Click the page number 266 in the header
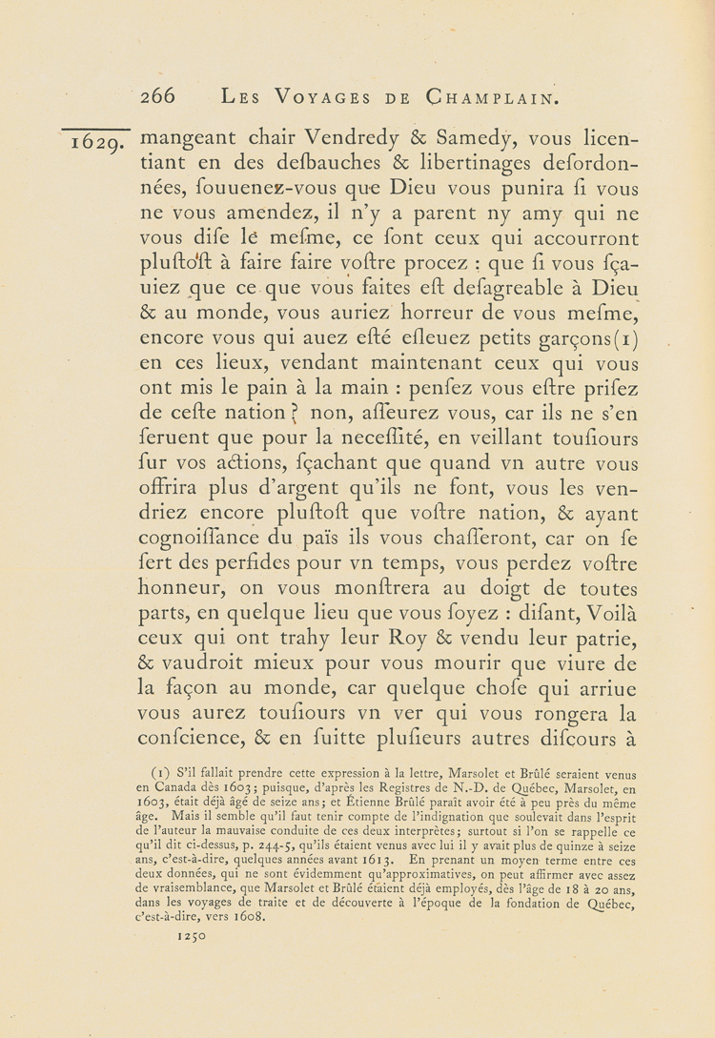[x=158, y=96]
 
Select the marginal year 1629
[x=95, y=144]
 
